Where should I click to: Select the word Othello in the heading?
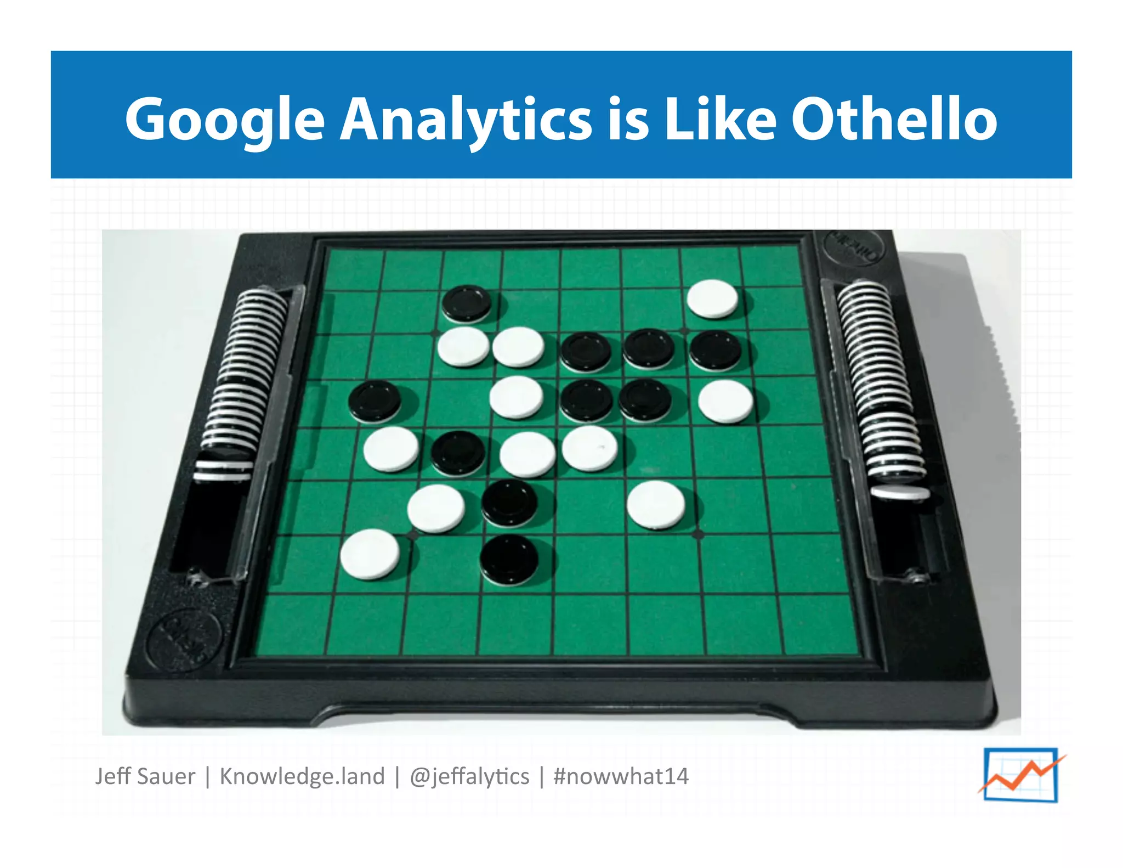(x=894, y=119)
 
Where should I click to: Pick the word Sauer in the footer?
(x=167, y=776)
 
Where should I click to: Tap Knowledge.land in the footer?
(x=302, y=776)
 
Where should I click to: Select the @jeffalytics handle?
(x=469, y=776)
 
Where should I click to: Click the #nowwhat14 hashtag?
(x=621, y=776)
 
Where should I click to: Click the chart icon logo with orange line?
(x=1021, y=774)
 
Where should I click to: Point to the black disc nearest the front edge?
(x=509, y=560)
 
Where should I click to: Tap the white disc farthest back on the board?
(x=712, y=298)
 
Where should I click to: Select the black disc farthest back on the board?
(x=467, y=303)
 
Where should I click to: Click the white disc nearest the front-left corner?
(x=370, y=554)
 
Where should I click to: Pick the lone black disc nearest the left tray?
(x=375, y=402)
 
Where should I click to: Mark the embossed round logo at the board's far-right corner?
(x=854, y=247)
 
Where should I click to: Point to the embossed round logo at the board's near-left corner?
(x=183, y=639)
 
